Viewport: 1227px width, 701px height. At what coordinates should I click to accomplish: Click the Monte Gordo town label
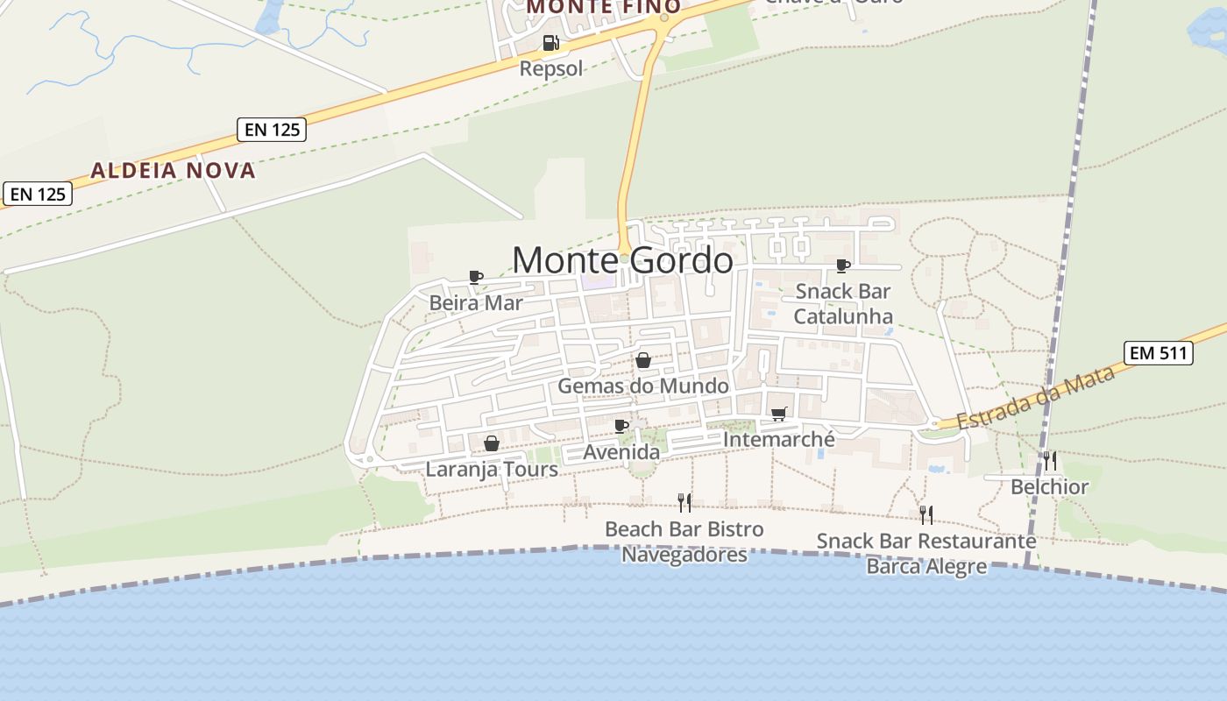pyautogui.click(x=622, y=260)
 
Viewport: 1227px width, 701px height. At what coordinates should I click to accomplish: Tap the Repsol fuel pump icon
pyautogui.click(x=550, y=42)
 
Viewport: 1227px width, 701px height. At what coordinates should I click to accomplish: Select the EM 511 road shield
pyautogui.click(x=1159, y=353)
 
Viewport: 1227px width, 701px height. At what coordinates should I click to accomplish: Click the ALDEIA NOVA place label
pyautogui.click(x=174, y=170)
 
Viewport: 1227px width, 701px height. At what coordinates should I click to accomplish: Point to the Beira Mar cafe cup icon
pyautogui.click(x=476, y=278)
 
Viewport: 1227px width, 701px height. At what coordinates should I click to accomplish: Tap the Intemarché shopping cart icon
pyautogui.click(x=779, y=414)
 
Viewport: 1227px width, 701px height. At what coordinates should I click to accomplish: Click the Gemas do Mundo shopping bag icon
pyautogui.click(x=643, y=360)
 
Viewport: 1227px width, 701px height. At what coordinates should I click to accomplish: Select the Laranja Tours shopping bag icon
pyautogui.click(x=492, y=443)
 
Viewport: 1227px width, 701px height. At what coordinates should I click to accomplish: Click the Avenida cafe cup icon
pyautogui.click(x=621, y=427)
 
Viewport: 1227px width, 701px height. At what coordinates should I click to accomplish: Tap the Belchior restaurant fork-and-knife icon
pyautogui.click(x=1049, y=460)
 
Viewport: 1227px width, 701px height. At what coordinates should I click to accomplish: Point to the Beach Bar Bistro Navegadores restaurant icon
pyautogui.click(x=684, y=502)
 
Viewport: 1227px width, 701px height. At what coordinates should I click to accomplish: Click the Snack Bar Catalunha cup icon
pyautogui.click(x=843, y=266)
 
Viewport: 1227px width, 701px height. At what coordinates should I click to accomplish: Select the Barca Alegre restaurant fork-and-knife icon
pyautogui.click(x=926, y=514)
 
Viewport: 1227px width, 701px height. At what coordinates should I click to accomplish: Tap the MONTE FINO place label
pyautogui.click(x=603, y=7)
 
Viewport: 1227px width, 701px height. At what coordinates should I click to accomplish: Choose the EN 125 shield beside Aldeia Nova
pyautogui.click(x=272, y=130)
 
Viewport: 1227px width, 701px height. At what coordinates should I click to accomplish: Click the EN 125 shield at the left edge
pyautogui.click(x=38, y=194)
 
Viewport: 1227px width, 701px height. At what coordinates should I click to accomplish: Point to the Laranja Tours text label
pyautogui.click(x=492, y=469)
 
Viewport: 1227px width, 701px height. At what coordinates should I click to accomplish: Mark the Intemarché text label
pyautogui.click(x=779, y=438)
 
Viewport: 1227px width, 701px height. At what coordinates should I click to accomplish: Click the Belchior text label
pyautogui.click(x=1049, y=486)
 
